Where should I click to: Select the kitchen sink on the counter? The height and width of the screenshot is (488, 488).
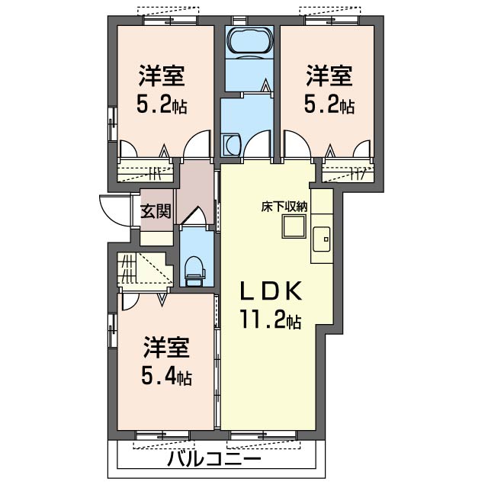321,239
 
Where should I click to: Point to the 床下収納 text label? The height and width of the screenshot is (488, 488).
286,205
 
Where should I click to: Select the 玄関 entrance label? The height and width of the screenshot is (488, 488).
156,211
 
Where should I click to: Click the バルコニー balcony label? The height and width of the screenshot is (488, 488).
214,461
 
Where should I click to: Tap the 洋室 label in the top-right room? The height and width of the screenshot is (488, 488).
329,77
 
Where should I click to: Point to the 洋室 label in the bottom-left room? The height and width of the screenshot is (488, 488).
166,348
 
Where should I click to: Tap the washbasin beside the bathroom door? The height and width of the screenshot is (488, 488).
230,143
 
